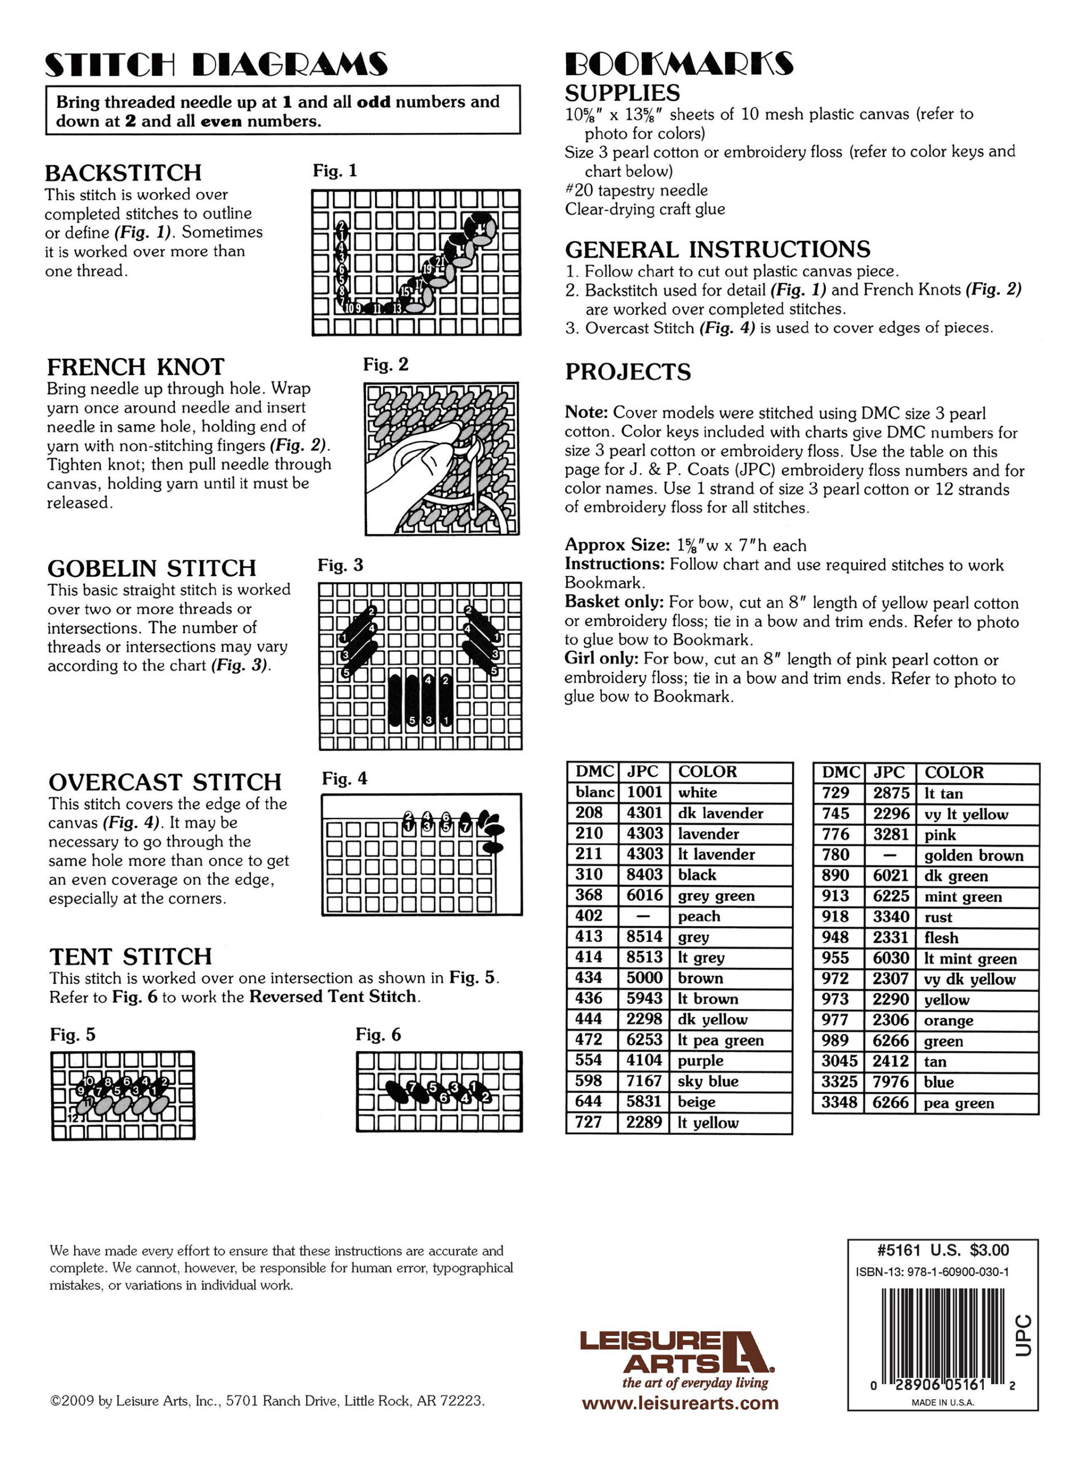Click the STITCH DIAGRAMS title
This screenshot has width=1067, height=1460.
(217, 64)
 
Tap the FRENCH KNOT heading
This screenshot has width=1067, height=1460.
(136, 367)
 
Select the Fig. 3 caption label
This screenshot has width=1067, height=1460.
(340, 566)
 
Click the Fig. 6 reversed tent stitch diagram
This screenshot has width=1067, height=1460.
(439, 1092)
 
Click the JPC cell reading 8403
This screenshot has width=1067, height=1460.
(645, 874)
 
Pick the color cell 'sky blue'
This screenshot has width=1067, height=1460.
(707, 1081)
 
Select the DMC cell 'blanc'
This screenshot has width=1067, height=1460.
(594, 792)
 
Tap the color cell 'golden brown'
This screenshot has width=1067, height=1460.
(974, 855)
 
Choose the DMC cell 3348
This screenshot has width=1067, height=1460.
(838, 1102)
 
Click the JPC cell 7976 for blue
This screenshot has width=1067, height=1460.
(890, 1082)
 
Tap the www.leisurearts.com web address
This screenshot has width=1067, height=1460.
(680, 1403)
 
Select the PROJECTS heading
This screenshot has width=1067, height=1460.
(628, 372)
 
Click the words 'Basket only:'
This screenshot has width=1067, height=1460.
(614, 602)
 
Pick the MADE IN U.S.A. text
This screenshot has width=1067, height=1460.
(942, 1402)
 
